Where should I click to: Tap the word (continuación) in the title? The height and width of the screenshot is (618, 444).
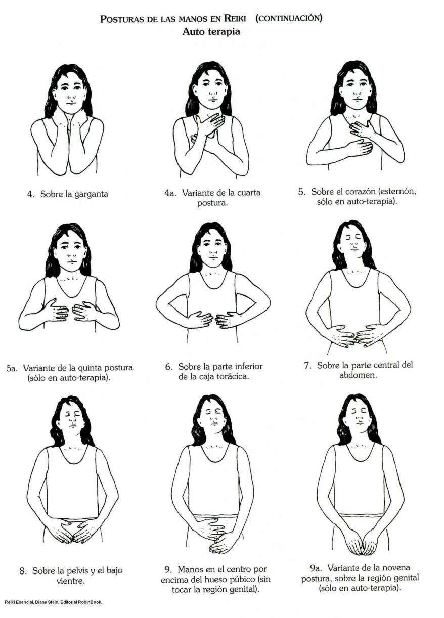pos(289,19)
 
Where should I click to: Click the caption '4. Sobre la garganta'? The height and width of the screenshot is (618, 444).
pos(67,194)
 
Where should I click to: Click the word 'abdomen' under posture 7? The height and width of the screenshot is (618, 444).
pos(360,376)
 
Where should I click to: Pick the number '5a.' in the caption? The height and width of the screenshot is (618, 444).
pos(13,368)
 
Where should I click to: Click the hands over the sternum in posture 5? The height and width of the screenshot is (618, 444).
pos(360,139)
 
